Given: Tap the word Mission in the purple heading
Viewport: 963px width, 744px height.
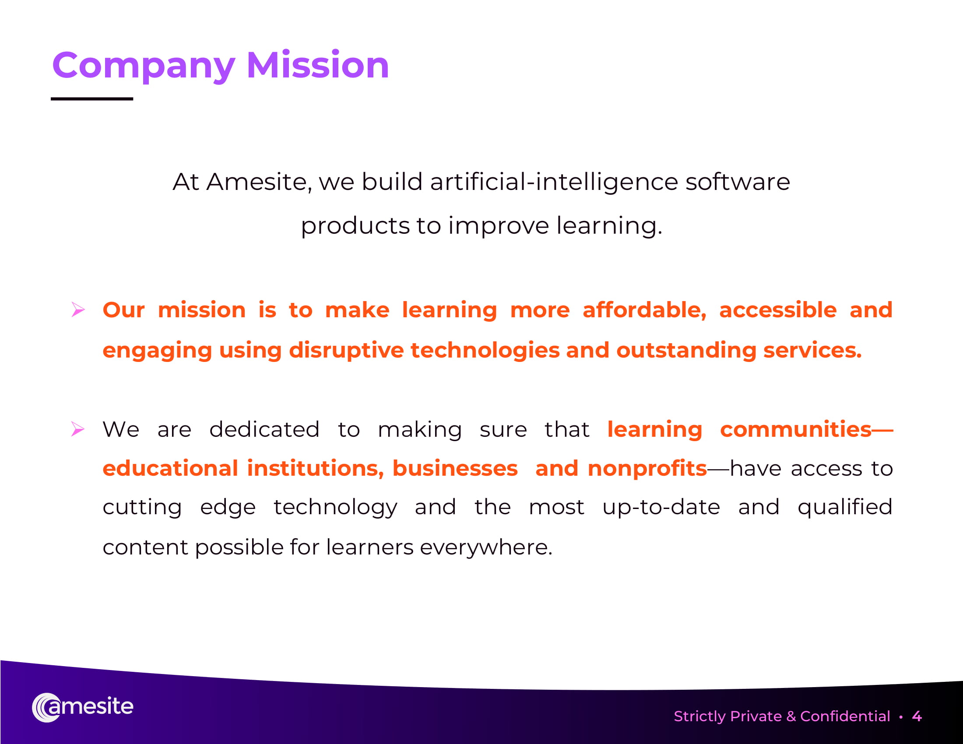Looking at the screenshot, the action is [318, 65].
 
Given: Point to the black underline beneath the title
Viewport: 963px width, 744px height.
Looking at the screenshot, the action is [92, 99].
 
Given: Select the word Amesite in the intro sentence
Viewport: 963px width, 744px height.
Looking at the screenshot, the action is [259, 182].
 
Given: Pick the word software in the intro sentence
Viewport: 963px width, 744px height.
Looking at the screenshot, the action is [738, 182].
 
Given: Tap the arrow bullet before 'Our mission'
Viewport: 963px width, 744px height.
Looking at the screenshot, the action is [78, 310].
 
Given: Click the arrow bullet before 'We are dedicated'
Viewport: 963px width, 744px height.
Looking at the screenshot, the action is [78, 429].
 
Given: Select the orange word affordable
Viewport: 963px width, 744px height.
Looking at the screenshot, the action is [644, 310].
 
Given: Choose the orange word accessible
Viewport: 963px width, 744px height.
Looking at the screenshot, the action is [778, 310].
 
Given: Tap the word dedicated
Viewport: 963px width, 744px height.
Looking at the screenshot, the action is [264, 429].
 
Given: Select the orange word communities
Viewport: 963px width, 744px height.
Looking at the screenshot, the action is [796, 429].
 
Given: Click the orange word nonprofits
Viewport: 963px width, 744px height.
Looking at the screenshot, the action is [647, 469].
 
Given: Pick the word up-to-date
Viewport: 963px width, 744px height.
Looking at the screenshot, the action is [661, 507].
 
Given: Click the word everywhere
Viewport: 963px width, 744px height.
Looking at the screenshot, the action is [486, 547].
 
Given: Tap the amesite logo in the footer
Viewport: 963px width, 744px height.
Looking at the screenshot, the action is [82, 707].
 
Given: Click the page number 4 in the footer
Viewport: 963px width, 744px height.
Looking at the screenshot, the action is [917, 716].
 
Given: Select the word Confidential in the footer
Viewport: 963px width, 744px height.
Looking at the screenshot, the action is [845, 716].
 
